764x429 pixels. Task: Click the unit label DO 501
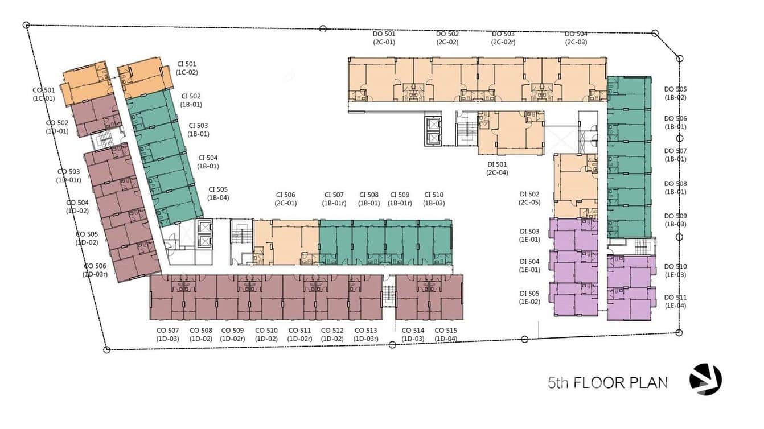(384, 34)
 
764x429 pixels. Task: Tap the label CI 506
(285, 195)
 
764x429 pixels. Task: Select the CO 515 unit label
(446, 330)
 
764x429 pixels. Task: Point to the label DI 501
(497, 164)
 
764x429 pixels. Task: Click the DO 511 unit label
(675, 298)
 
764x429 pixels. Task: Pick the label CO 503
(68, 172)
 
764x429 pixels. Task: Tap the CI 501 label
(187, 64)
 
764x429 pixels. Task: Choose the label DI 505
(529, 294)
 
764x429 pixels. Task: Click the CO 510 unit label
(266, 330)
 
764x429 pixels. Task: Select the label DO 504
(576, 34)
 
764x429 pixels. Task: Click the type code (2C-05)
(529, 203)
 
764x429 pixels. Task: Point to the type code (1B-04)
(218, 197)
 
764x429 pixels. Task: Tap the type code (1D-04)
(446, 339)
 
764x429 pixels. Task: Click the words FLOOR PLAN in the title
(621, 383)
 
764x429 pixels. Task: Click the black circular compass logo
(706, 379)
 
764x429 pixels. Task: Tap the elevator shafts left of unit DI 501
(433, 131)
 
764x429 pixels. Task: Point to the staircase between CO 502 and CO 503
(104, 140)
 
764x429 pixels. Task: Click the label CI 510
(434, 195)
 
